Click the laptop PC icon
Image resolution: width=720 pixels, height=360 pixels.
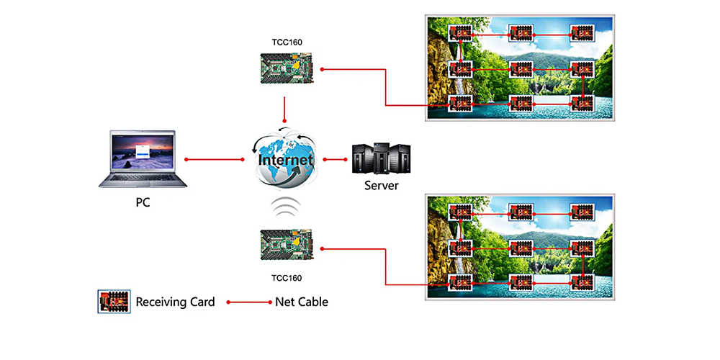click(x=143, y=159)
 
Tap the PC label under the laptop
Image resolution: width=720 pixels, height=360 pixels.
click(x=143, y=202)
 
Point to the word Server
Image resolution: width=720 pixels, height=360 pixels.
click(x=381, y=185)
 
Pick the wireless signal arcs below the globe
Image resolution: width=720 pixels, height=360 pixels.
click(x=286, y=208)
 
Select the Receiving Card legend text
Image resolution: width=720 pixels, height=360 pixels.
click(x=175, y=302)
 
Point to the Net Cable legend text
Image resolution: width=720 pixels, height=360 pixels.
click(x=302, y=302)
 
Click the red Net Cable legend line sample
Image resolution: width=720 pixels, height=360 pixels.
click(x=249, y=302)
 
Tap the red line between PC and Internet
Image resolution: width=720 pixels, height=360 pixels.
click(x=215, y=159)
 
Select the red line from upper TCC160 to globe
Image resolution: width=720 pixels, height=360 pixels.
click(x=286, y=110)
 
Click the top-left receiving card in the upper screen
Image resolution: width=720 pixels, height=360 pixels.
click(x=459, y=33)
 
